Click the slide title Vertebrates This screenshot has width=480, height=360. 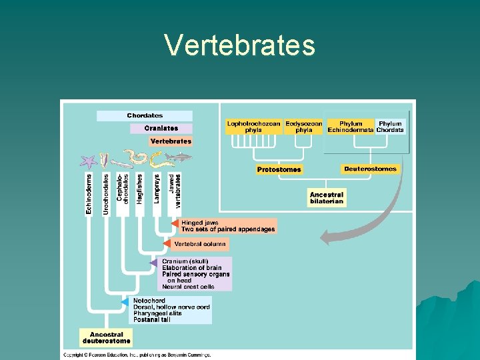[240, 45]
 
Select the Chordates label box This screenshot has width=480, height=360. [145, 116]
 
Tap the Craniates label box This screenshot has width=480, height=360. [161, 128]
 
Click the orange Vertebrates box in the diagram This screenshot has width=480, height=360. [171, 141]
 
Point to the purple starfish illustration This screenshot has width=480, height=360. [88, 161]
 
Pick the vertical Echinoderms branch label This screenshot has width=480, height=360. [89, 194]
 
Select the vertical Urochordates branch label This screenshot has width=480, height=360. [106, 194]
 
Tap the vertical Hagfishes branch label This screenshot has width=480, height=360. [140, 189]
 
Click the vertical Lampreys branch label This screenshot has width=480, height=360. [157, 189]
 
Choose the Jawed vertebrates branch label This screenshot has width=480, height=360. [175, 189]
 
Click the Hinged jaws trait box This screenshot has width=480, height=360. [227, 226]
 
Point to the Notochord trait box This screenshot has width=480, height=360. [171, 310]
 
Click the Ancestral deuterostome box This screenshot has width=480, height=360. [106, 338]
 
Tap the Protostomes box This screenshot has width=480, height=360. [279, 169]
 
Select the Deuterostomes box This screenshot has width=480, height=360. [370, 169]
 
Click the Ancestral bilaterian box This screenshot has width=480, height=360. [327, 198]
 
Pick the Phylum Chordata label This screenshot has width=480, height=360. [390, 127]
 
